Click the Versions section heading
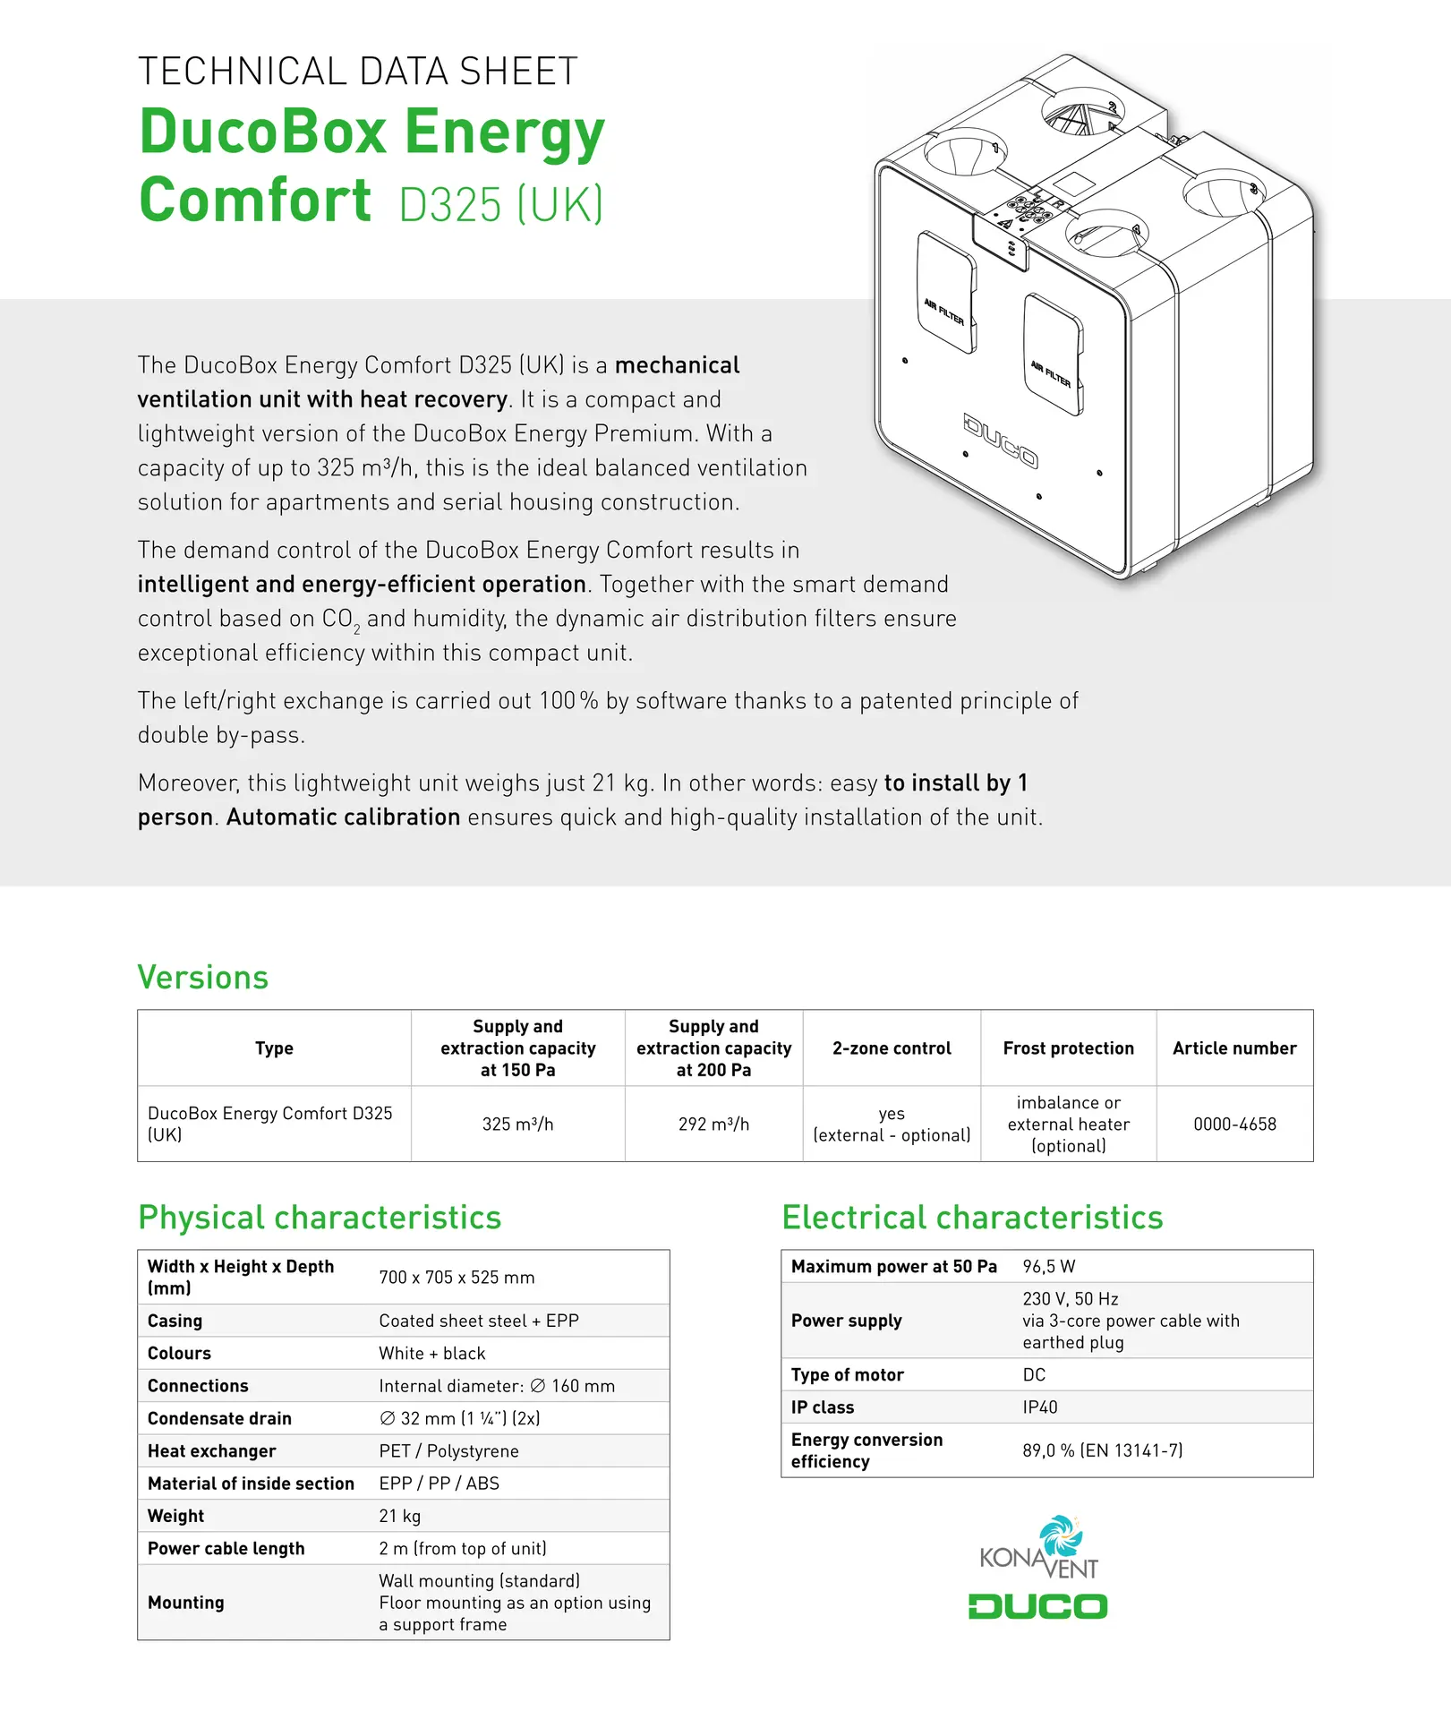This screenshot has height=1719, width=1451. coord(203,977)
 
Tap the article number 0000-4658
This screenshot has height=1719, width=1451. coord(1234,1124)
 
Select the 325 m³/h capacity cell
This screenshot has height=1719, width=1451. coord(517,1124)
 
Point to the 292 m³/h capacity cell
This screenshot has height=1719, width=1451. coord(713,1124)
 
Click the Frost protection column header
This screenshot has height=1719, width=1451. coord(1068,1048)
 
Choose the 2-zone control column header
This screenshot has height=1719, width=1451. coord(892,1048)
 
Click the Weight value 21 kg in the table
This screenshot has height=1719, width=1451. coord(399,1516)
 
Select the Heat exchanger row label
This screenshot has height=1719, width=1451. coord(211,1450)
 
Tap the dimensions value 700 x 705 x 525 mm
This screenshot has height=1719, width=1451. coord(457,1277)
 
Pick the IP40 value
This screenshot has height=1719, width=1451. coord(1040,1407)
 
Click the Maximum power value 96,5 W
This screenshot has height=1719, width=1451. coord(1049,1266)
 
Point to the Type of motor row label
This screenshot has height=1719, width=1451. coord(847,1374)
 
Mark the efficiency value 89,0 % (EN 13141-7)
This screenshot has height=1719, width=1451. coord(1103,1450)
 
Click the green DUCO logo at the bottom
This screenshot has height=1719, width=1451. coord(1037,1606)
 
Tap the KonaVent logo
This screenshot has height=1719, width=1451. coord(1039,1549)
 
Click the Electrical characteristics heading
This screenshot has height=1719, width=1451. coord(972,1218)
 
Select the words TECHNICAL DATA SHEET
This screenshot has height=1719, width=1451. coord(358,72)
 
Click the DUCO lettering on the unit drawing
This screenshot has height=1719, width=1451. coord(1001,440)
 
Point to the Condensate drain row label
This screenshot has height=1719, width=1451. coord(219,1418)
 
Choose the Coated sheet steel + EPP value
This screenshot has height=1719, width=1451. coord(479,1321)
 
